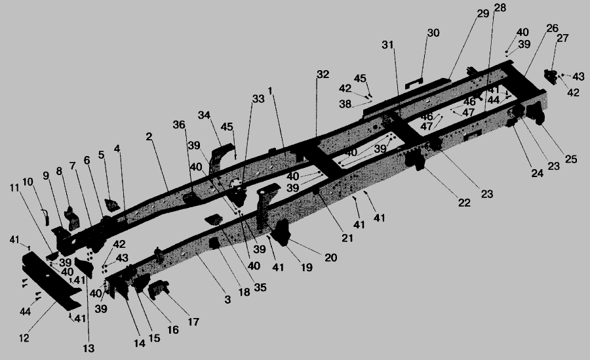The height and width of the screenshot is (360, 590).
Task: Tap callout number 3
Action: pos(227,300)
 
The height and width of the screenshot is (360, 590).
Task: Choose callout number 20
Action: pos(330,258)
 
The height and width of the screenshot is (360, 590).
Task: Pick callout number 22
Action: pos(464,203)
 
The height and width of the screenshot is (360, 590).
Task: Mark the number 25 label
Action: pos(571,160)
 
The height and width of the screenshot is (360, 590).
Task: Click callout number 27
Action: pos(562,38)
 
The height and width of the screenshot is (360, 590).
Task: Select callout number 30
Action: pos(433,33)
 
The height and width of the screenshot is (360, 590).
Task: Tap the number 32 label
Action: pos(322,75)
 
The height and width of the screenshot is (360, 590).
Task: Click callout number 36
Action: pos(179,125)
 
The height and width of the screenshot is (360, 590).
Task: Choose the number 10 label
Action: pos(28,181)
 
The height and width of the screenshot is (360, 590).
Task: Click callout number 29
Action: pos(483,14)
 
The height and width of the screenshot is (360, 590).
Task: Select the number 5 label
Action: pos(102,155)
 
